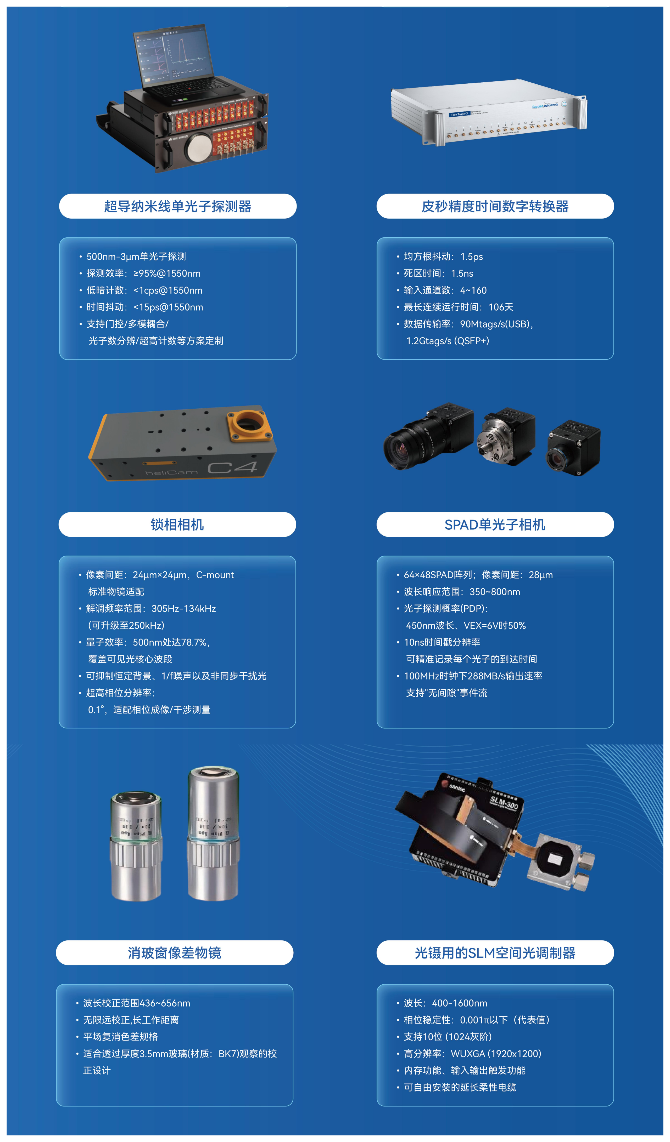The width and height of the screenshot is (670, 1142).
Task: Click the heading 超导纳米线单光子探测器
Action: [178, 206]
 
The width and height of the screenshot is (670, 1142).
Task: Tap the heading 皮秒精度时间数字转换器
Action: [495, 206]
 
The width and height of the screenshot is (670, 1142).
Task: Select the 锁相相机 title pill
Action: [177, 524]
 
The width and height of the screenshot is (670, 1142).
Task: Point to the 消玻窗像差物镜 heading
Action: [175, 952]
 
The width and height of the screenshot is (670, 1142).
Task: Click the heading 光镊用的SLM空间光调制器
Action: [495, 952]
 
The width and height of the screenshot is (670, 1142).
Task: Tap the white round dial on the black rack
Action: [198, 147]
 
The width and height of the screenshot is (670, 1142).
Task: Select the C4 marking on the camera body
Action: [232, 467]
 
